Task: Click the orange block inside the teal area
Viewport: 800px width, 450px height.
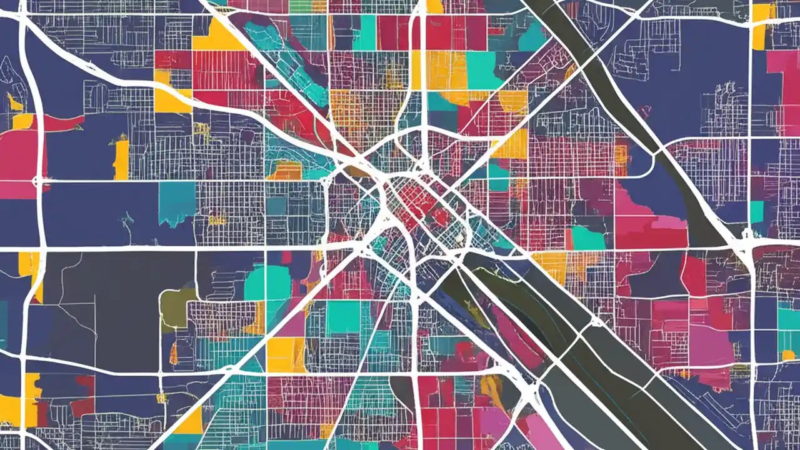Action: [x=284, y=170]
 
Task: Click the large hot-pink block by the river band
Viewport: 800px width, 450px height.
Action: [x=644, y=219]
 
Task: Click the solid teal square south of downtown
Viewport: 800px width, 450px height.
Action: [x=343, y=317]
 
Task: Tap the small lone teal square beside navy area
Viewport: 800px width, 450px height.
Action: [x=757, y=212]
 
